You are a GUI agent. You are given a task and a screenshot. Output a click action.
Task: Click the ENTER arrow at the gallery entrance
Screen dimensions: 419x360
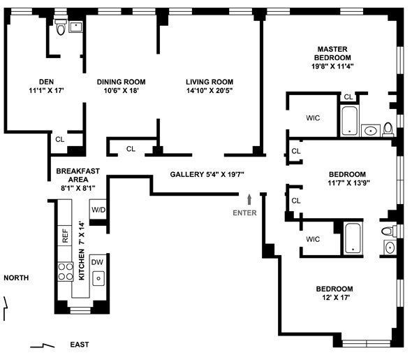tap(249, 199)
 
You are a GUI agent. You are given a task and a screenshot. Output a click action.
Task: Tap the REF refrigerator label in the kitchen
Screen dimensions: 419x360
tap(65, 236)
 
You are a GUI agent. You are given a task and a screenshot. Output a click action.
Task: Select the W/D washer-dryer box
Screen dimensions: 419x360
tap(98, 209)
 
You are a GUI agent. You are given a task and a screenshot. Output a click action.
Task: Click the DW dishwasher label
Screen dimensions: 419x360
tap(97, 262)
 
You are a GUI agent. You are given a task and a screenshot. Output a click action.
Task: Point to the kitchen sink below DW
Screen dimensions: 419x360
tap(98, 278)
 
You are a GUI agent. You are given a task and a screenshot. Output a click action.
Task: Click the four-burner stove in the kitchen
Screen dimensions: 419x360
tap(66, 271)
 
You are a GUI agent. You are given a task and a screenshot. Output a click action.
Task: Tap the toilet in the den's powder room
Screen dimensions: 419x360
tap(61, 27)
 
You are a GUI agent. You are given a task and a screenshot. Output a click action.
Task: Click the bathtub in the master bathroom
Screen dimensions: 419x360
tap(349, 121)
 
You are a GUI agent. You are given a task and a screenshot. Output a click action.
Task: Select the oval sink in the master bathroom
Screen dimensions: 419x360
tap(371, 131)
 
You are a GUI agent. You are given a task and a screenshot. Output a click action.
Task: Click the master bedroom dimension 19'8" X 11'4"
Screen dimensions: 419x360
tap(332, 66)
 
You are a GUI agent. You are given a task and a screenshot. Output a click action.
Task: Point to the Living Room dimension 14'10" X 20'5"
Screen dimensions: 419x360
tap(209, 91)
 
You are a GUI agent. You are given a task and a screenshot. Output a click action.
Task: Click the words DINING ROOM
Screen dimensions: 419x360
tap(121, 82)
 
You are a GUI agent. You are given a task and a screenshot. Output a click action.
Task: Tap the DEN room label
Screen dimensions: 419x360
tap(47, 82)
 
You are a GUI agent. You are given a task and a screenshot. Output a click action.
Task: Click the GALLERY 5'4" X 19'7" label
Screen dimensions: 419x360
tap(207, 174)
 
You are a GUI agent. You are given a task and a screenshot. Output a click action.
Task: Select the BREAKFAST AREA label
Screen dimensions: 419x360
tap(78, 175)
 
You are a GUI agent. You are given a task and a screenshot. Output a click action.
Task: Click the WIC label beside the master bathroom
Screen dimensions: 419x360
tap(313, 118)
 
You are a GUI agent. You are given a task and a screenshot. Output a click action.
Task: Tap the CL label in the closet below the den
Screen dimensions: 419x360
tap(60, 139)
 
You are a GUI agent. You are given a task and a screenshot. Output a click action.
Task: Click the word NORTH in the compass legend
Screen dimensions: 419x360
tap(16, 278)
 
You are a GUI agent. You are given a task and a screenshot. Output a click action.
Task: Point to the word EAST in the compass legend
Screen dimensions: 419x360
tap(80, 345)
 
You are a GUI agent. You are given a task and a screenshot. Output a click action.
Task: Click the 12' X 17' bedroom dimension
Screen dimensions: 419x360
tap(336, 297)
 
